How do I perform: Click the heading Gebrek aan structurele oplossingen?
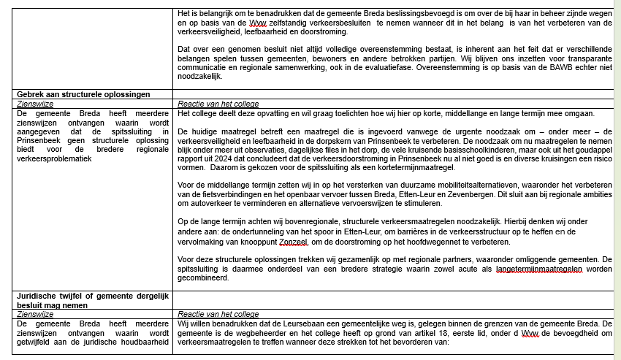pyautogui.click(x=83, y=94)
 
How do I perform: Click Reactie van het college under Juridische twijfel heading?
pyautogui.click(x=218, y=313)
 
